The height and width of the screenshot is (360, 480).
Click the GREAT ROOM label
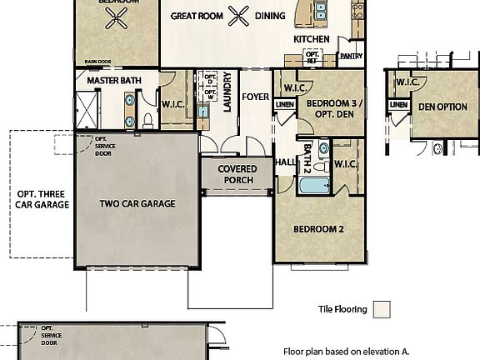coord(197,16)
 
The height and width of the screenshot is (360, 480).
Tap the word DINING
coord(269,16)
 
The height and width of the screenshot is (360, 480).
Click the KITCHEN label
coord(312,39)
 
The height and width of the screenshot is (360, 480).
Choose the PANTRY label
coord(350,57)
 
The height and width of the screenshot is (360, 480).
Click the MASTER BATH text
coord(115,80)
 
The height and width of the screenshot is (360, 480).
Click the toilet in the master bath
coord(147,120)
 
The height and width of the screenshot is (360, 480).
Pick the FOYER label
coord(255,97)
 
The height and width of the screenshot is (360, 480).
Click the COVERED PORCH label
coord(237,174)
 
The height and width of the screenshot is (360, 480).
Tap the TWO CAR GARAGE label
coord(137,202)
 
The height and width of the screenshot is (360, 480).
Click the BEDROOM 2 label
coord(317,228)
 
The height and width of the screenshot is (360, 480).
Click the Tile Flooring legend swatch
coord(382,310)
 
